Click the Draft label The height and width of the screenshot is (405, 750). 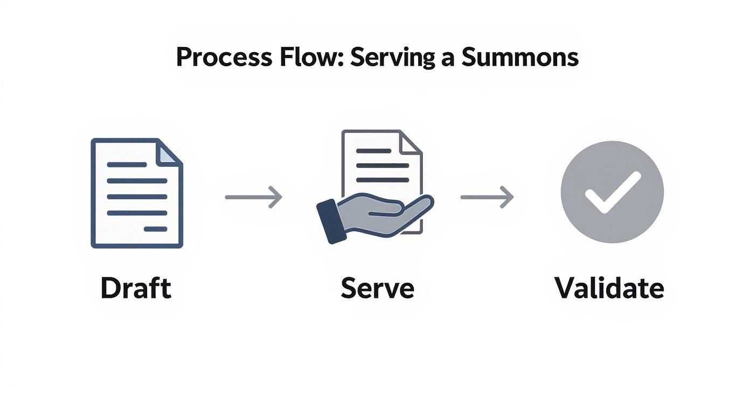coord(135,288)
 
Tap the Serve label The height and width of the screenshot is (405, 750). coord(377,288)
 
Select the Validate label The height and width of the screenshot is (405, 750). coord(609,288)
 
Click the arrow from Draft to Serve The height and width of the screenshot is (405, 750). coord(253,197)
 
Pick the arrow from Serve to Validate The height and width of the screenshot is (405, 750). coord(487,197)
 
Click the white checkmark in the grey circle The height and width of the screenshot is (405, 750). coord(612,192)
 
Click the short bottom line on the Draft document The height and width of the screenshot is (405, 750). coord(156,229)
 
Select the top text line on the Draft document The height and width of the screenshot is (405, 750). coord(127,164)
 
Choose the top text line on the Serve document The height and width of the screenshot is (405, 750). coord(373,151)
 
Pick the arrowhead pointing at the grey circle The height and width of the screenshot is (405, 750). coord(507,197)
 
